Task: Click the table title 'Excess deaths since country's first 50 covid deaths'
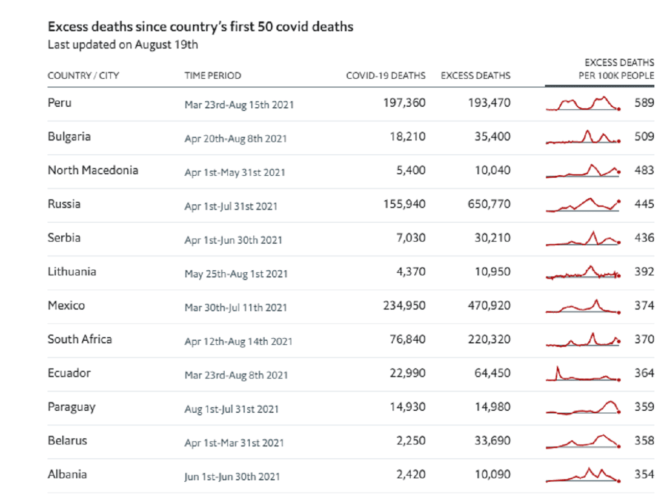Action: point(200,27)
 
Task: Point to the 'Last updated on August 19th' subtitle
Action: point(123,45)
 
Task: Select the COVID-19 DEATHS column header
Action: point(386,76)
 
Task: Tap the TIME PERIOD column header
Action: point(212,76)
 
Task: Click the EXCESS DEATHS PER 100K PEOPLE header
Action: point(616,69)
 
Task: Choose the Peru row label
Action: point(60,103)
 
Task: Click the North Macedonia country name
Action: point(93,170)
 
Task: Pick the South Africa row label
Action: point(80,339)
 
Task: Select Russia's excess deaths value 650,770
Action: point(489,204)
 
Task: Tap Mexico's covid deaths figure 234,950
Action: point(404,305)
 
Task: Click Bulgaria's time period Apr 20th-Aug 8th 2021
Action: point(235,138)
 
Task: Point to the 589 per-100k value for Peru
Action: point(644,103)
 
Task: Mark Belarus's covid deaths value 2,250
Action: point(411,440)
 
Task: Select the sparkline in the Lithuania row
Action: point(583,272)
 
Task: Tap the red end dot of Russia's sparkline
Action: point(619,201)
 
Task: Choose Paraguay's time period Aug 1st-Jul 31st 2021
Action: point(231,409)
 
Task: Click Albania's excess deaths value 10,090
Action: point(492,475)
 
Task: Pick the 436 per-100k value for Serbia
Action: point(644,238)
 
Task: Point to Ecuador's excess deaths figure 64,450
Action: point(492,373)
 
